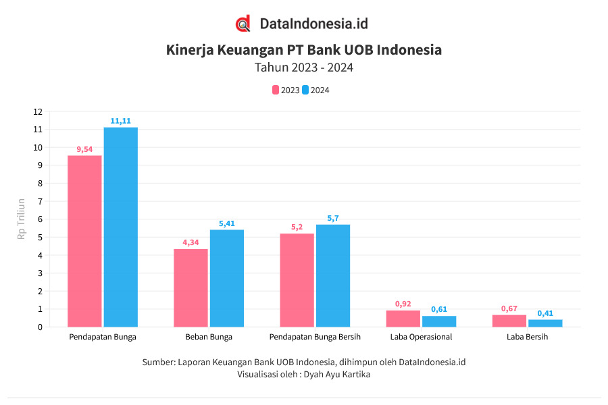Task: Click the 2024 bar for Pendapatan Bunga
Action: (120, 227)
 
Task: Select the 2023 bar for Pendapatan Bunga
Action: (84, 241)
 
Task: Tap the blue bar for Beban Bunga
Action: (226, 278)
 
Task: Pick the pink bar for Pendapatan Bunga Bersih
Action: (297, 280)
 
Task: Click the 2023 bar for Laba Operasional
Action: (403, 319)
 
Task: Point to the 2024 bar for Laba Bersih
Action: (545, 323)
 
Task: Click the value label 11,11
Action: (120, 121)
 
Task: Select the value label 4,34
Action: (191, 242)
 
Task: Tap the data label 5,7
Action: (333, 218)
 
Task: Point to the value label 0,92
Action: (403, 304)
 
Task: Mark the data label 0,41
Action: (545, 313)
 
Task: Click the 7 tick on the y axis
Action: (40, 201)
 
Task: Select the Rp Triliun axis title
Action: (22, 219)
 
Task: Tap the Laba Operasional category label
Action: (421, 337)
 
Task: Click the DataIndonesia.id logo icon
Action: (243, 24)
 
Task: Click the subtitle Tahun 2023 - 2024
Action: (304, 67)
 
